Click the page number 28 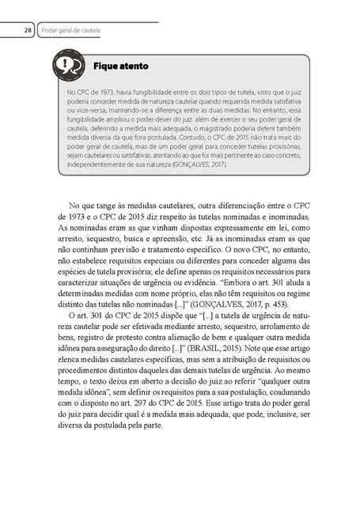tap(27, 30)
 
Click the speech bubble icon tap(69, 66)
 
